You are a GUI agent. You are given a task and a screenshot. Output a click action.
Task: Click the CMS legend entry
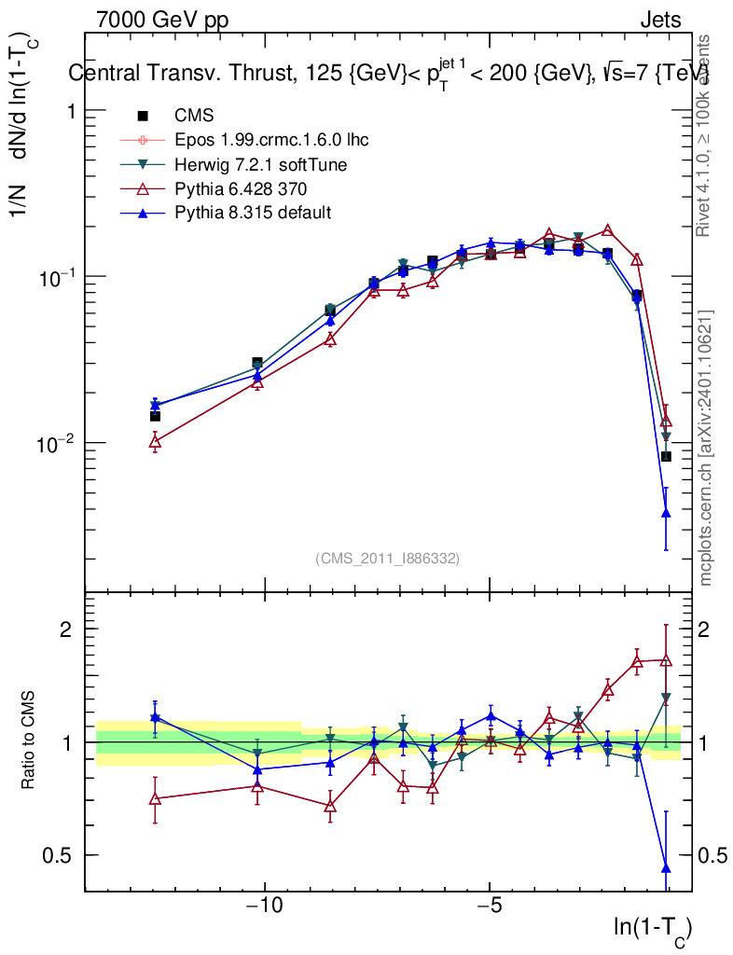coord(194,116)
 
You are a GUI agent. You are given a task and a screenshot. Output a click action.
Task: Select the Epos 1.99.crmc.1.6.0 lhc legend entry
coord(271,140)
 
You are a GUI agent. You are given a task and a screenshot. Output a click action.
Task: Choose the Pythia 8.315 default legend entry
coord(253,213)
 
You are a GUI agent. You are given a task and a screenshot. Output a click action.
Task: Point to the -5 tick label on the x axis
coord(490,907)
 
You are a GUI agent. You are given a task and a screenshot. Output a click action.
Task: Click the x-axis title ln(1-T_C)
coord(652,928)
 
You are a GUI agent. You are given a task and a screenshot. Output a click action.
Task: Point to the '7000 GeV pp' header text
coord(162,20)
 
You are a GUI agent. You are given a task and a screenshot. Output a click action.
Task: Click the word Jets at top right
coord(659,20)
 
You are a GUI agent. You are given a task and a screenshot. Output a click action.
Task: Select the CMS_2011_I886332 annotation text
coord(387,558)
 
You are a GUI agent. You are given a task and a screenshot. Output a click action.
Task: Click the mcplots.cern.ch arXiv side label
coord(706,447)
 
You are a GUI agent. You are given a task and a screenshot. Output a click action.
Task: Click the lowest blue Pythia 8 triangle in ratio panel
coord(666,868)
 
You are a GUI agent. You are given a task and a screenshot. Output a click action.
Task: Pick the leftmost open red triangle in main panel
coord(155,443)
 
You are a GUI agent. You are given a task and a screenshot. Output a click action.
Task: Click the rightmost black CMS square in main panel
coord(666,456)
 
